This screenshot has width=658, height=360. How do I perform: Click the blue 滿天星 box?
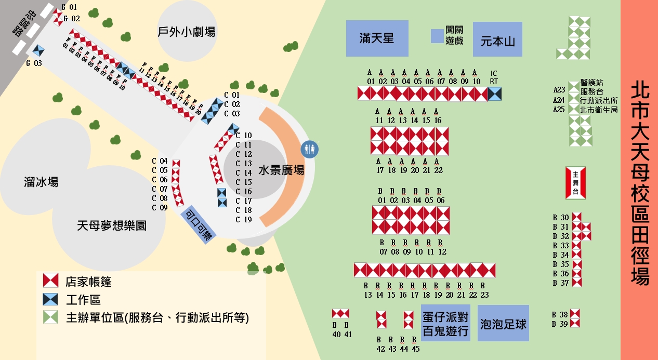[377, 38]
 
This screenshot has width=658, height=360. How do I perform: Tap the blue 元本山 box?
[497, 39]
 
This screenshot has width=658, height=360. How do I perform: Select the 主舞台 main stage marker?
[575, 183]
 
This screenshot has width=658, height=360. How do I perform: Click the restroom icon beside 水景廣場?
[310, 149]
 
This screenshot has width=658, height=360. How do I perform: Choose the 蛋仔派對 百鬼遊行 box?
[445, 323]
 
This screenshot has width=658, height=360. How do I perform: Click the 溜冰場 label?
[41, 182]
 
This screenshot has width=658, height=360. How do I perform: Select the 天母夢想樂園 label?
[111, 225]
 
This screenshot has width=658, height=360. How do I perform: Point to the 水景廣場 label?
[281, 170]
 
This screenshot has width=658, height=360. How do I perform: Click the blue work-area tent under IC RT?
[495, 94]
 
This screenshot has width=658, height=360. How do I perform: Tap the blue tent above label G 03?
[37, 51]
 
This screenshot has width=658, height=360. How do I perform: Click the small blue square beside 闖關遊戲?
[437, 36]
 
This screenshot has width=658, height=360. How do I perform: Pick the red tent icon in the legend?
[50, 281]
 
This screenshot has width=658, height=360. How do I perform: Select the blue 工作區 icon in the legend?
[50, 299]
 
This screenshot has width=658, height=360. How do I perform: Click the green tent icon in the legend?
[50, 317]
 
